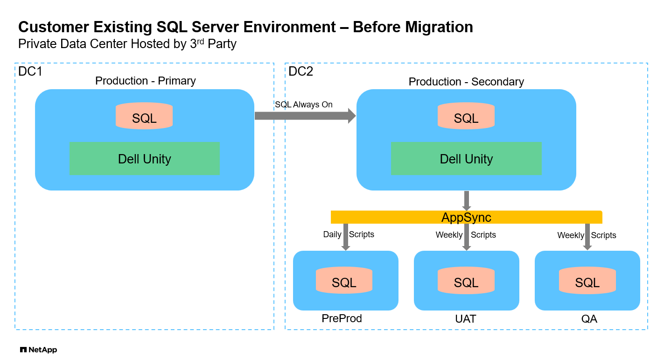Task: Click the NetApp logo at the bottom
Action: coord(38,350)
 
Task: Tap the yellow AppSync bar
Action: coord(466,217)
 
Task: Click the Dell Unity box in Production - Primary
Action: coord(145,159)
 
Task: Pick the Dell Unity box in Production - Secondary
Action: coord(466,159)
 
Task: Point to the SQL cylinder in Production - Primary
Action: coord(144,116)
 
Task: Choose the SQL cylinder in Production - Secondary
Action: coord(466,116)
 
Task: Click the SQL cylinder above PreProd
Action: coord(344,280)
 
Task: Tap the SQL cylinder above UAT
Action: coord(466,280)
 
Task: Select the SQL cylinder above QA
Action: coord(587,280)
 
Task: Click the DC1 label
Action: coord(30,71)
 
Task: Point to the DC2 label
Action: coord(301,71)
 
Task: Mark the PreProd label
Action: coord(342,318)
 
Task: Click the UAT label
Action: coord(466,319)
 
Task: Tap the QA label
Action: coord(589,319)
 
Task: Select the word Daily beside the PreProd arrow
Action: coord(332,234)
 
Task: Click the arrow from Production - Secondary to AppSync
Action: coord(466,200)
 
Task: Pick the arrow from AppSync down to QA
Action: coord(587,237)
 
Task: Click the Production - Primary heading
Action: coord(146,81)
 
